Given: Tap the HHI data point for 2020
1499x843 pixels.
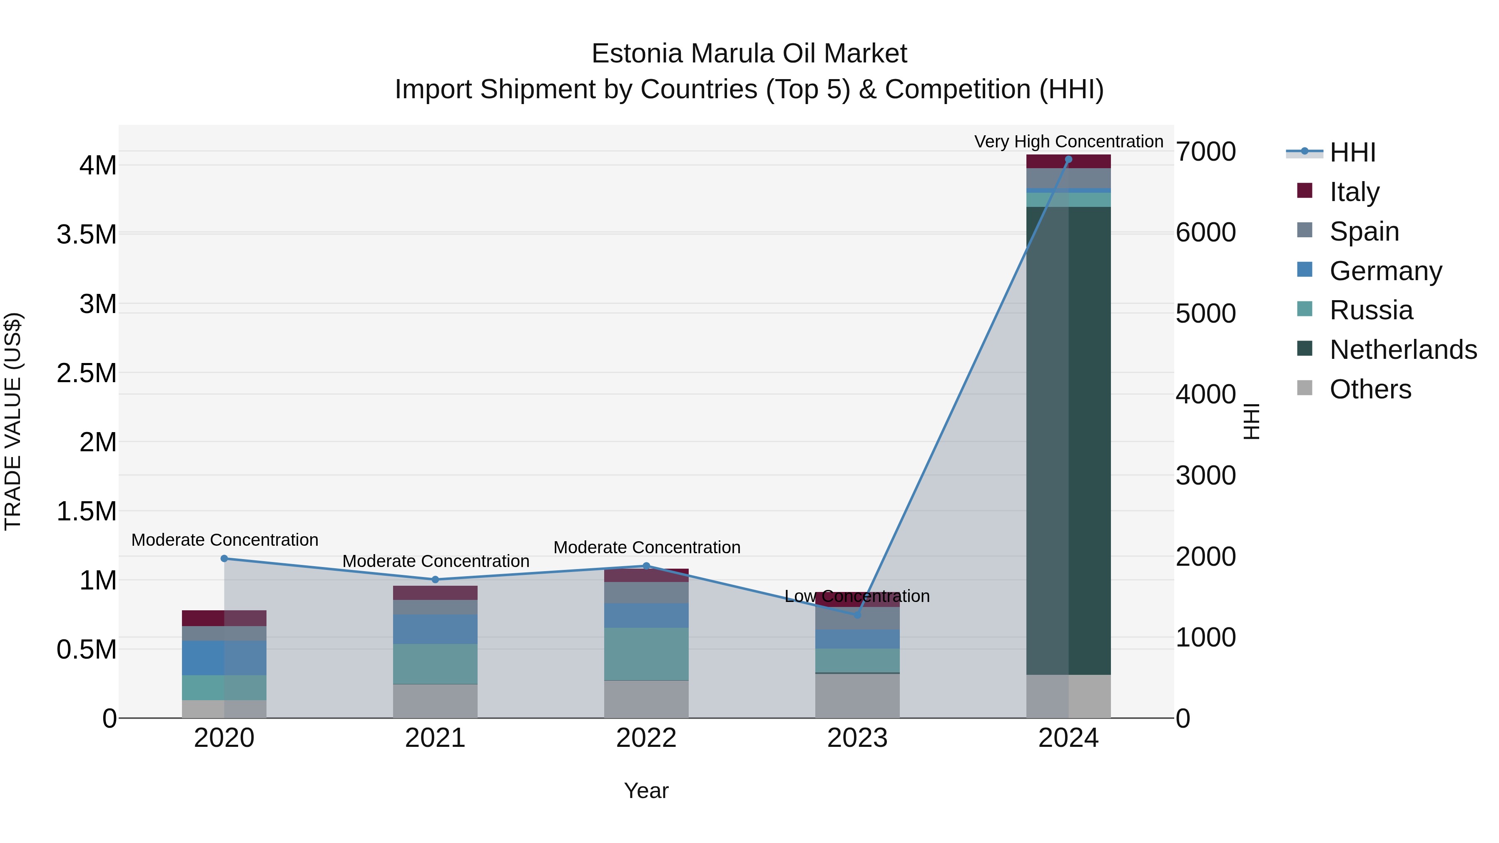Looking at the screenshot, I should click(224, 559).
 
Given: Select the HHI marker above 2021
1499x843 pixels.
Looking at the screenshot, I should click(435, 579).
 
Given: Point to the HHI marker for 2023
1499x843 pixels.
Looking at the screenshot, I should click(857, 614).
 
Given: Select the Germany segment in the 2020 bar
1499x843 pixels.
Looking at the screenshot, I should click(224, 658).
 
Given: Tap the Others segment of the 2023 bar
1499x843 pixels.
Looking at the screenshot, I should click(857, 696).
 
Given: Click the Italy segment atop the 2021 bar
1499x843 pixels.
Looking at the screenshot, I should click(435, 593).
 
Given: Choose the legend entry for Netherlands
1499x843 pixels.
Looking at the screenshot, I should click(1403, 350).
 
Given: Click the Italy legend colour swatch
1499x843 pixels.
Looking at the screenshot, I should click(1305, 191).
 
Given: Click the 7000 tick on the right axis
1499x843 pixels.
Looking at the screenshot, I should click(1206, 152).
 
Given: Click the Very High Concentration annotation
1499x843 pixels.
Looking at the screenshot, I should click(1068, 142).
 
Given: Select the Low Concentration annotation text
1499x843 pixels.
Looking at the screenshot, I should click(857, 596).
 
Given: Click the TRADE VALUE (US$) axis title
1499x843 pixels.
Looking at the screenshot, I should click(13, 421).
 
